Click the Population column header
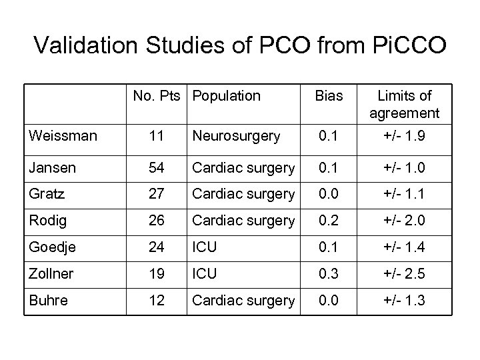[x=226, y=96]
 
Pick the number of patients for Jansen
[x=157, y=168]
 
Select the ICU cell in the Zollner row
[x=204, y=274]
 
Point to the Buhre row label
[x=48, y=301]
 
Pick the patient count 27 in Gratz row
[x=157, y=194]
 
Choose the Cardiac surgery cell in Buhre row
[x=243, y=301]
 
